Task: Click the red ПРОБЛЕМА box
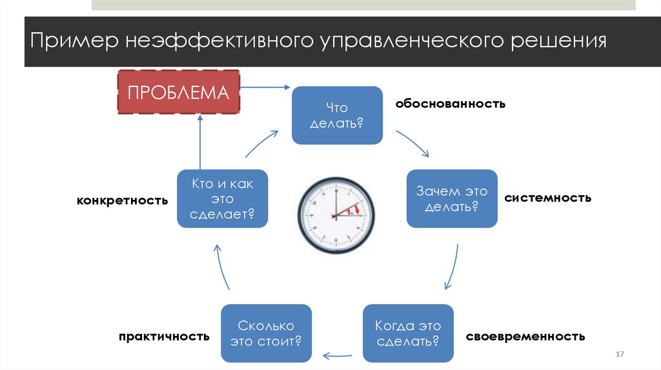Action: tap(178, 92)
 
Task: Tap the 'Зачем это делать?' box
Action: tap(452, 199)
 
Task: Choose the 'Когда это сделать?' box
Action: tap(408, 333)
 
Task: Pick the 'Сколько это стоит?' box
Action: tap(266, 333)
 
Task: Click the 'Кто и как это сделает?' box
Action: tap(223, 199)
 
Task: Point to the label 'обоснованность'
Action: tap(450, 103)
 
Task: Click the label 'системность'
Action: tap(547, 197)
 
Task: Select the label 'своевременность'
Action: tap(525, 336)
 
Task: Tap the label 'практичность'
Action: tap(164, 336)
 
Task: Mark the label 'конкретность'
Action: tap(123, 200)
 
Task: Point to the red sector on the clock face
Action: tap(351, 209)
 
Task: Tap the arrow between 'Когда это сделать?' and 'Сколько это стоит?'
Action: tap(337, 355)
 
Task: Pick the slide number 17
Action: tap(621, 355)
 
